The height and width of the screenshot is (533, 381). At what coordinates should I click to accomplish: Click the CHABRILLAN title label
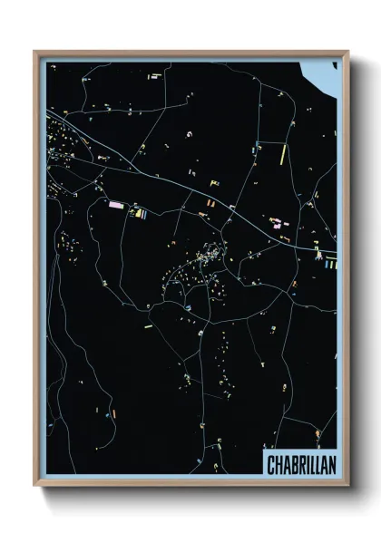[x=299, y=464]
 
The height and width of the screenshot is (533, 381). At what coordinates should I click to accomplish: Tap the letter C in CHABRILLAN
[x=271, y=464]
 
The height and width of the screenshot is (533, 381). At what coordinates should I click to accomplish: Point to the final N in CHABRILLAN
[x=328, y=464]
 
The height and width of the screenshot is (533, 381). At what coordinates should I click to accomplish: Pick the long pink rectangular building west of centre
[x=116, y=206]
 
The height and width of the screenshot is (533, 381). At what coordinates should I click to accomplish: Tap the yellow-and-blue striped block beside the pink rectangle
[x=139, y=215]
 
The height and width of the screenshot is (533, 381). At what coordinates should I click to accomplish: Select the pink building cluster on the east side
[x=274, y=221]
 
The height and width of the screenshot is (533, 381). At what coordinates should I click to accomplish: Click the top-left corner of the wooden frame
[x=35, y=52]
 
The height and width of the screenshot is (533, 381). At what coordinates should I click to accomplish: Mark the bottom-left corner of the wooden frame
[x=35, y=486]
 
